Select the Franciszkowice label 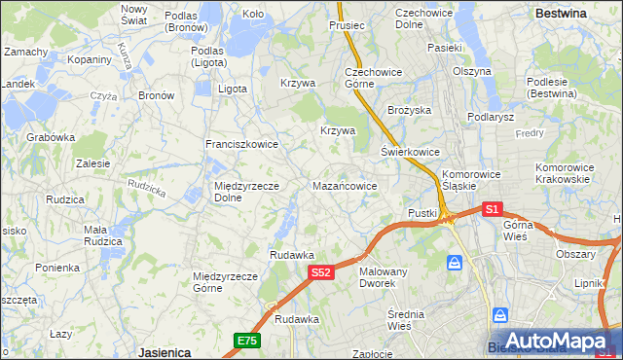pos(241,144)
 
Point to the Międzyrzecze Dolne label pos(247,192)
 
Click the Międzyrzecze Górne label pos(226,281)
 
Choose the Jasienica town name pos(163,350)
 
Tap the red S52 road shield pos(323,273)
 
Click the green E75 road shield pos(246,340)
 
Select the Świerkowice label pos(410,153)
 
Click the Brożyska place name pos(410,111)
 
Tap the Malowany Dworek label pos(383,277)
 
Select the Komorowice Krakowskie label pos(564,173)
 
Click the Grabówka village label pos(51,137)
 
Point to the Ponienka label pos(57,268)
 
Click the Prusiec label pos(347,25)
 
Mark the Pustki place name pos(422,213)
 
